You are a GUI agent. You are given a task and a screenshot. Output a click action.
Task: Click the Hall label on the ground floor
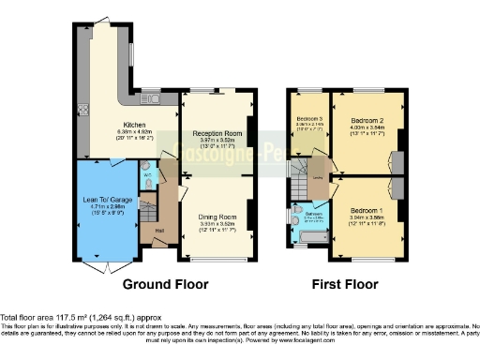click(158, 231)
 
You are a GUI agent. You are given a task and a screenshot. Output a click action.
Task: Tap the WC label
click(148, 175)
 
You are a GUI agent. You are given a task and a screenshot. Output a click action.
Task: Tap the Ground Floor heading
click(165, 284)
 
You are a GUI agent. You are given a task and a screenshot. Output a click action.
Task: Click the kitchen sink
click(151, 97)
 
